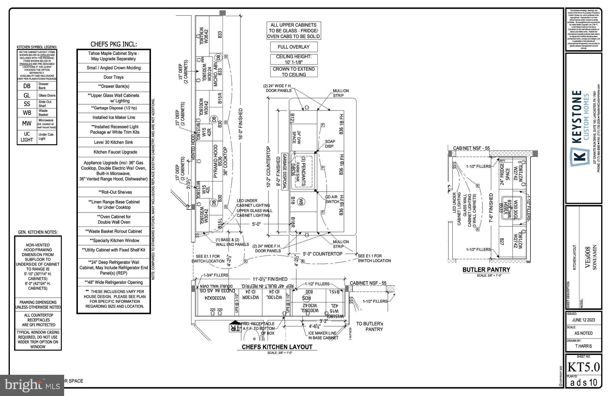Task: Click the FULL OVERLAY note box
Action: (294, 47)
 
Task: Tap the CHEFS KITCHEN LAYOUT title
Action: (277, 347)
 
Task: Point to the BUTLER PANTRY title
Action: (486, 270)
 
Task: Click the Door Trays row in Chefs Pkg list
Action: (113, 77)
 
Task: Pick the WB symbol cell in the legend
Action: (27, 113)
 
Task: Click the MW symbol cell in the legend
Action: (27, 123)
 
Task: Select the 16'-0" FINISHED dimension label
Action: (240, 124)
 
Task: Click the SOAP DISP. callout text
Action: (330, 144)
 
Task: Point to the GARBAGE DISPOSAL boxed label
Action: (284, 172)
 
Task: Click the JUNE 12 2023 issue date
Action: (583, 320)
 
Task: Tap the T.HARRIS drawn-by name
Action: (583, 346)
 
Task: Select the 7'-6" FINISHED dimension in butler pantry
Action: (491, 208)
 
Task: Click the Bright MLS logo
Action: (32, 385)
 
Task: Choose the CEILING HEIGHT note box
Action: (294, 59)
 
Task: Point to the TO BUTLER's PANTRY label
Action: (369, 326)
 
